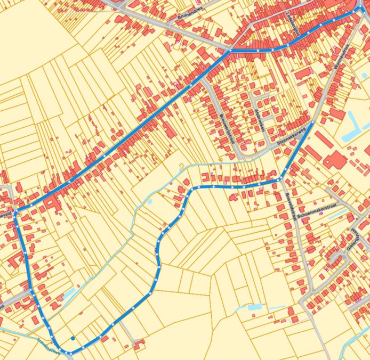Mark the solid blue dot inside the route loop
73,338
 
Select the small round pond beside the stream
150,202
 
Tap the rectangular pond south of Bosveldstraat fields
254,307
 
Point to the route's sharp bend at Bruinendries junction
230,51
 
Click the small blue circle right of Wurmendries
364,75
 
